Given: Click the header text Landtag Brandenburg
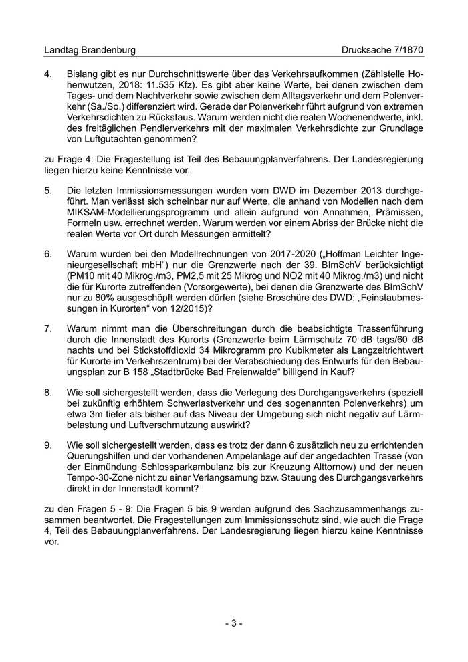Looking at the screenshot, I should pyautogui.click(x=90, y=50).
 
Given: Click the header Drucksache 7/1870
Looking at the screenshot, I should pyautogui.click(x=382, y=50).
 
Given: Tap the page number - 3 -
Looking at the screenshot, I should pyautogui.click(x=233, y=623).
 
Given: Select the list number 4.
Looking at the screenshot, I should pyautogui.click(x=48, y=72).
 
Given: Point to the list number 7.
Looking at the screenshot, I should pyautogui.click(x=48, y=329).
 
